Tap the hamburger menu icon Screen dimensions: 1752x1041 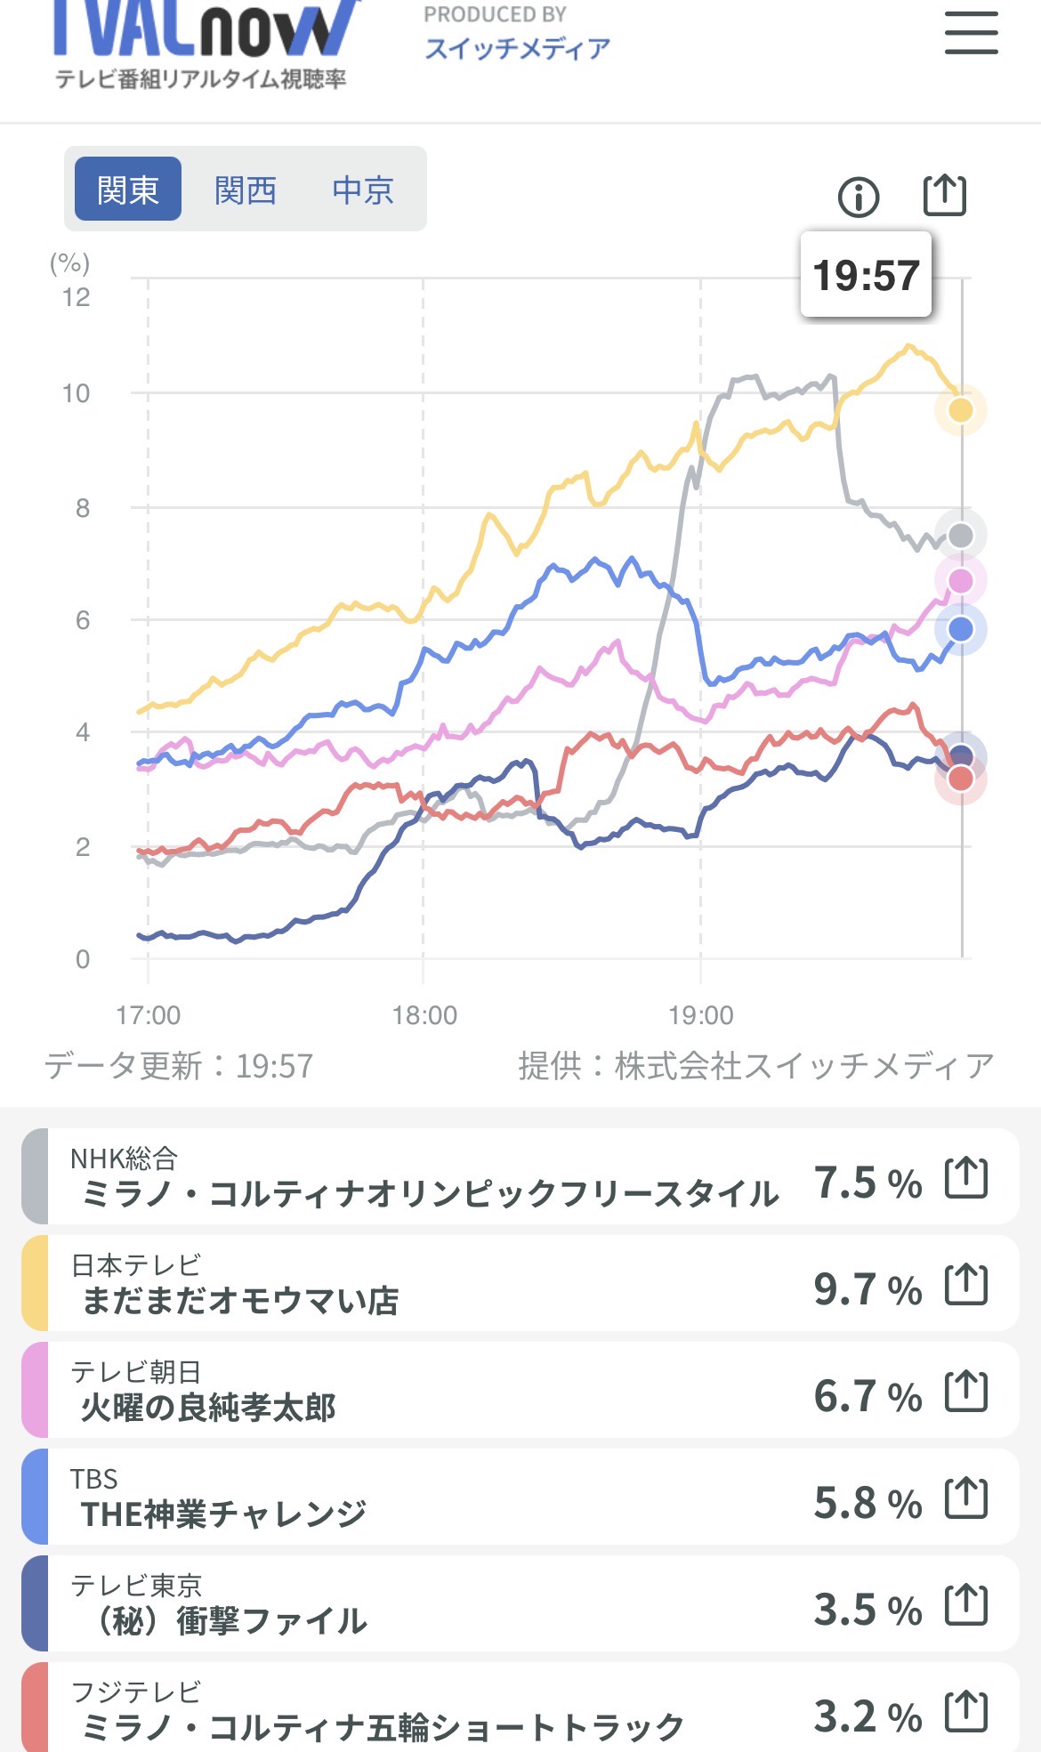coord(971,33)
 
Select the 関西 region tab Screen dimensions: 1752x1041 coord(246,190)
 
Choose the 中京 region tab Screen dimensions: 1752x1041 coord(363,190)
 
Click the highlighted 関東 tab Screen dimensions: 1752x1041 coord(128,190)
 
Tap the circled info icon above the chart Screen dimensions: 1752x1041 coord(859,197)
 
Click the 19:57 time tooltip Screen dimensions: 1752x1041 coord(866,275)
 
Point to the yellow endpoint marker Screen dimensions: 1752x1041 coord(961,410)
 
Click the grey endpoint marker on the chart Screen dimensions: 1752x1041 coord(961,536)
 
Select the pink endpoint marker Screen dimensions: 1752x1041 coord(961,581)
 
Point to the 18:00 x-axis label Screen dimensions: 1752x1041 coord(424,1015)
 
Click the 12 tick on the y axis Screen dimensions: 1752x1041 coord(77,297)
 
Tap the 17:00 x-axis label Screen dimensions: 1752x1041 coord(148,1015)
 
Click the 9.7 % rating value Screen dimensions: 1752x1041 coord(867,1289)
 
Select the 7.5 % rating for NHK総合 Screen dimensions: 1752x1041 coord(867,1183)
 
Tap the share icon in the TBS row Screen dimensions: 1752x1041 coord(966,1498)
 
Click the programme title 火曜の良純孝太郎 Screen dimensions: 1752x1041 coord(208,1408)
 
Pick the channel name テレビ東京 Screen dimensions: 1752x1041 coord(137,1585)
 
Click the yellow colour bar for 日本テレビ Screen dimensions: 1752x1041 coord(35,1283)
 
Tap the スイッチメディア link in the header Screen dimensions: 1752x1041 coord(518,48)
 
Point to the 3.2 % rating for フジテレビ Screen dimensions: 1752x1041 coord(867,1716)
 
